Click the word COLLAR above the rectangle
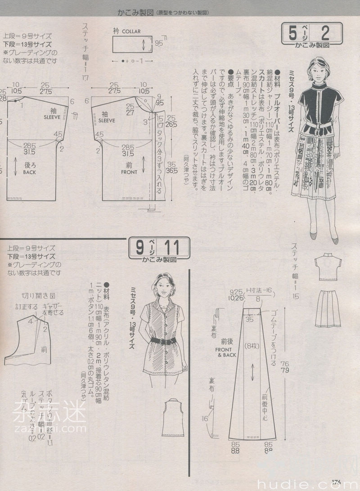[x=131, y=32]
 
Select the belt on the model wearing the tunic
[x=163, y=341]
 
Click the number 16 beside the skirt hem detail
[x=205, y=420]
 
